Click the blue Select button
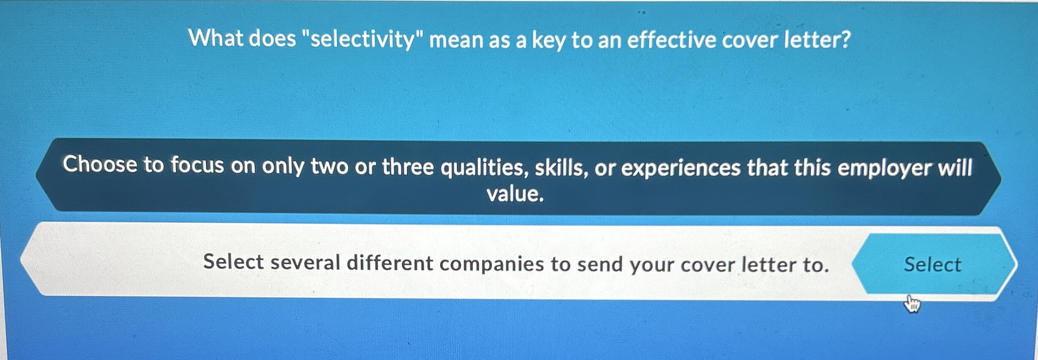[932, 264]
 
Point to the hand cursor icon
[912, 303]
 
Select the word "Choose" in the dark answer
[100, 164]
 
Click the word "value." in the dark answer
[515, 194]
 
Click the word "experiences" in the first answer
[681, 168]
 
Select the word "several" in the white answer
[305, 263]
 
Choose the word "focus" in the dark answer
[197, 165]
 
